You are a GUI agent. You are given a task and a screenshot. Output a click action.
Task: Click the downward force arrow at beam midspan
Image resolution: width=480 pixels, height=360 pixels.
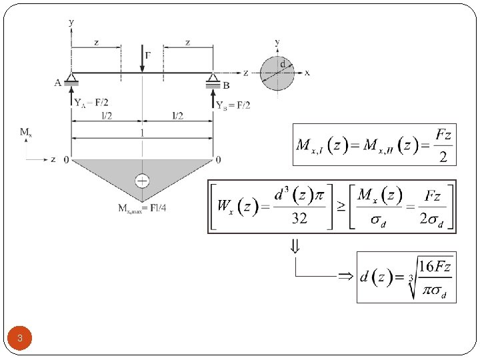click(x=142, y=58)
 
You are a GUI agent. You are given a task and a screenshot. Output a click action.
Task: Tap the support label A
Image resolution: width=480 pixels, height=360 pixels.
click(x=59, y=83)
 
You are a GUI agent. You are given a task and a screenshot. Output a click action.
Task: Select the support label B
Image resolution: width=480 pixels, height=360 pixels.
click(x=226, y=85)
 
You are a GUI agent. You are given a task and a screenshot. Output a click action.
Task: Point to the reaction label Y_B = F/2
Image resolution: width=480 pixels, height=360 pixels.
click(x=233, y=105)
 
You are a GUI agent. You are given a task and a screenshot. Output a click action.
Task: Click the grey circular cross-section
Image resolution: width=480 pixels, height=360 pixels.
click(x=277, y=73)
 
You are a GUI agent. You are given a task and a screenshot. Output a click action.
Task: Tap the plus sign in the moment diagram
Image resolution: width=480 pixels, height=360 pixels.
click(x=142, y=181)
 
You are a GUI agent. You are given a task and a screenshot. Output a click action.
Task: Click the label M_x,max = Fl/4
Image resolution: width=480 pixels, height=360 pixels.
click(x=142, y=209)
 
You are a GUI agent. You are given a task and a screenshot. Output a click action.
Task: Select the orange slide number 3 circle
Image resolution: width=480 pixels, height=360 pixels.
click(x=20, y=339)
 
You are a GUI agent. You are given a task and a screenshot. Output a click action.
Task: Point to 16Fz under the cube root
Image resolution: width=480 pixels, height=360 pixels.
click(x=436, y=267)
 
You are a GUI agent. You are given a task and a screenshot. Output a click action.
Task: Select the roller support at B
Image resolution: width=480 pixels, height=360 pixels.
click(x=213, y=80)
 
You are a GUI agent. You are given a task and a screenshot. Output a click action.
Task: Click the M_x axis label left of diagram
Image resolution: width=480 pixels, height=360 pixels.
click(x=26, y=133)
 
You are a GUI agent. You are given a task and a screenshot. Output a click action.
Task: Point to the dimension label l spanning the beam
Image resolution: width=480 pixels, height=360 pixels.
click(x=142, y=133)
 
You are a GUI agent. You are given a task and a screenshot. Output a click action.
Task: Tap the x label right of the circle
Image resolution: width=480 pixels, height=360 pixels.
click(x=307, y=73)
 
